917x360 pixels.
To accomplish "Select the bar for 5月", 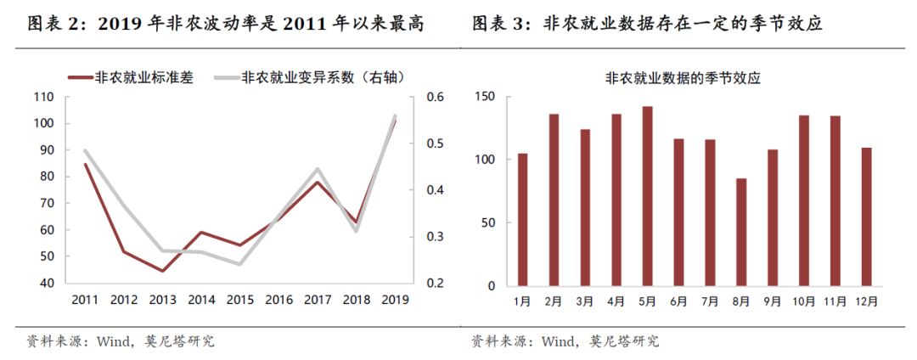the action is pyautogui.click(x=647, y=196).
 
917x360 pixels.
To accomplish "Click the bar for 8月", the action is pyautogui.click(x=741, y=232).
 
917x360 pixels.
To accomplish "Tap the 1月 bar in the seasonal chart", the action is pyautogui.click(x=522, y=220).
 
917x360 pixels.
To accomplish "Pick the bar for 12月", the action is pyautogui.click(x=866, y=217).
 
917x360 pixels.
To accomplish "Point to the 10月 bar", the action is pyautogui.click(x=803, y=200).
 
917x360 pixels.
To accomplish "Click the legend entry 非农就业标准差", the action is pyautogui.click(x=131, y=78).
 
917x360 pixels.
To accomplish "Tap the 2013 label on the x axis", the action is pyautogui.click(x=162, y=300).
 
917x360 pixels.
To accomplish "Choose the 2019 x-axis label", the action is pyautogui.click(x=394, y=300).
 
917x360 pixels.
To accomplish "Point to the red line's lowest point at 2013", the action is pyautogui.click(x=162, y=271).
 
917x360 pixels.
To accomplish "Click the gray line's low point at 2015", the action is pyautogui.click(x=239, y=264).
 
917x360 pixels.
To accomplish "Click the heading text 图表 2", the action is pyautogui.click(x=56, y=25).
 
